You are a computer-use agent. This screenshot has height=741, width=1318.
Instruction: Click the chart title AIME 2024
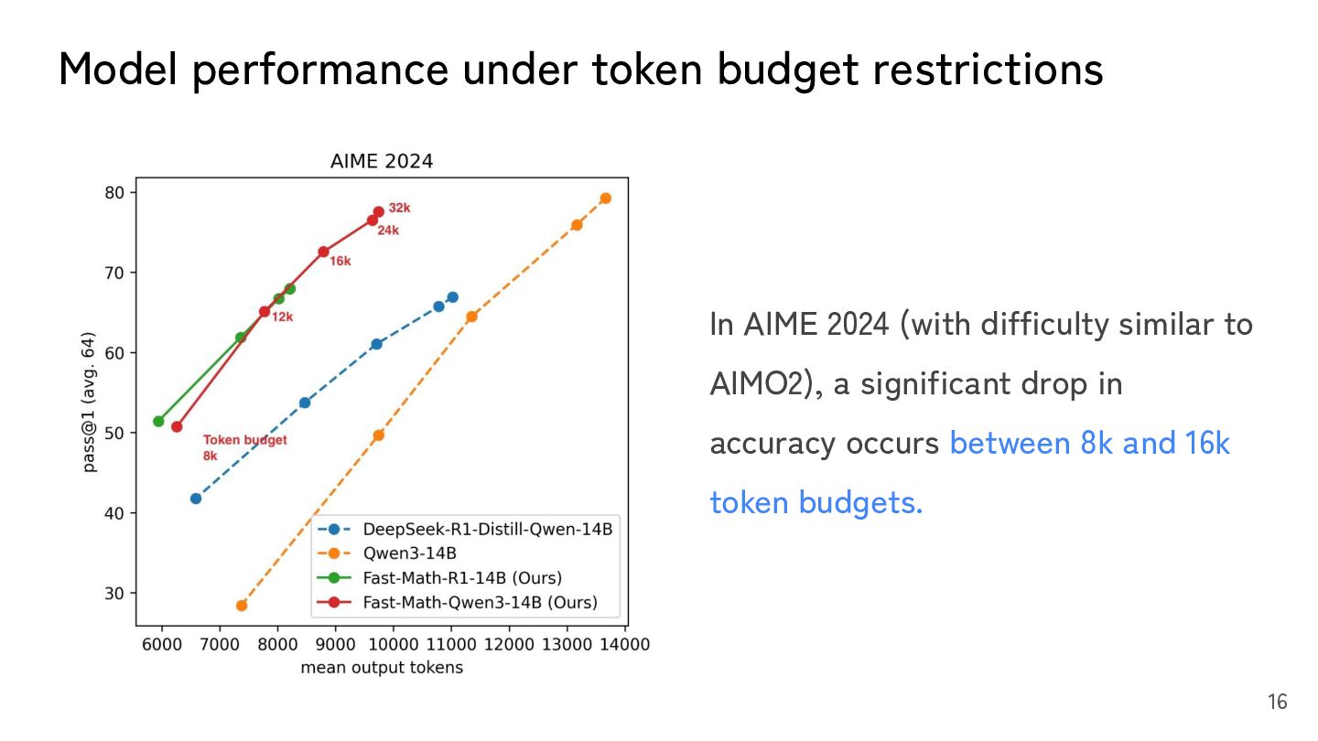[381, 162]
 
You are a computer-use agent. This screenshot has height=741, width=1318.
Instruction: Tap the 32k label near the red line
[399, 209]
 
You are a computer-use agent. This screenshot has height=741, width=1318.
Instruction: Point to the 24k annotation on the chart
[388, 231]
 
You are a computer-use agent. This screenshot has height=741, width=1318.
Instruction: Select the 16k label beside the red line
[340, 262]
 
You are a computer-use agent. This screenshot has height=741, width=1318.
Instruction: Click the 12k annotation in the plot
[282, 317]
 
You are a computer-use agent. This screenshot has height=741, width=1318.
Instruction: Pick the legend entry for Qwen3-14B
[409, 553]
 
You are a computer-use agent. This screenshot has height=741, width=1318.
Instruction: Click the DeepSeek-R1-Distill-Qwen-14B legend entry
[487, 529]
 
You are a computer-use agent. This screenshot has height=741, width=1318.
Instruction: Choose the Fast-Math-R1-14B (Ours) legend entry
[462, 577]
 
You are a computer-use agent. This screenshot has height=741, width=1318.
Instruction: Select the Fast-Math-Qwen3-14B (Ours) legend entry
[480, 602]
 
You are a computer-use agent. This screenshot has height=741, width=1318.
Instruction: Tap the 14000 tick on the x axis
[625, 645]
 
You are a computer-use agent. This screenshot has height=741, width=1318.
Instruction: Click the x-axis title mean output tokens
[382, 668]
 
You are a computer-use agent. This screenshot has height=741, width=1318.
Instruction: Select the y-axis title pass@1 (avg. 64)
[91, 403]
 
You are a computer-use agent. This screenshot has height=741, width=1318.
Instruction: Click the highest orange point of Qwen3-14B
[605, 199]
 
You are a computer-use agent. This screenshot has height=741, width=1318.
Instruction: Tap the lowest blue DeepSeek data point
[196, 499]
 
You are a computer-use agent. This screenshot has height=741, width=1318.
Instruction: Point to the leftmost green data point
[158, 422]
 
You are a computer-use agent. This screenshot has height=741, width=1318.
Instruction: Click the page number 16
[1277, 703]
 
